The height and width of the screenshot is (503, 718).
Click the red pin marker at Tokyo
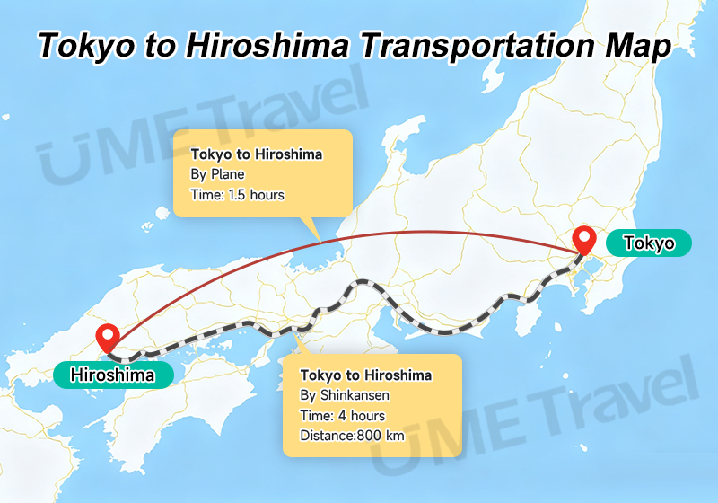[x=586, y=240]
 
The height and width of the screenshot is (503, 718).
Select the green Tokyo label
[x=649, y=243]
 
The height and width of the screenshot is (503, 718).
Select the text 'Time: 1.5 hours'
[x=237, y=194]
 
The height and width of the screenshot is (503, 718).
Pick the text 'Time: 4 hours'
[x=343, y=416]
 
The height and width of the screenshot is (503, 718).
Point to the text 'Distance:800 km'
[x=353, y=437]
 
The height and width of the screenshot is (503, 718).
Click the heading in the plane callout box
[x=256, y=154]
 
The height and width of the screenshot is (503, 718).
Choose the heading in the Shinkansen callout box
[x=366, y=375]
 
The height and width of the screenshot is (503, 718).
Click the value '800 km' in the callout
[x=381, y=437]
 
